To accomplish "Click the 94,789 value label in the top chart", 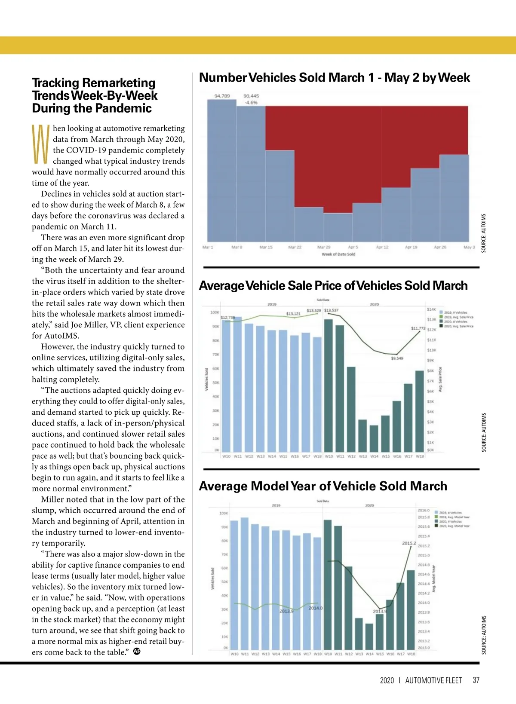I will (222, 96).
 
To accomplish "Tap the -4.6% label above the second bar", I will (251, 103).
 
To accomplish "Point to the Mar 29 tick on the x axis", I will (324, 248).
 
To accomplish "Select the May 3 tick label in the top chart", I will (469, 248).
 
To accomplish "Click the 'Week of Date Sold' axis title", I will (338, 254).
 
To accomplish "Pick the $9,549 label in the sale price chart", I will (397, 358).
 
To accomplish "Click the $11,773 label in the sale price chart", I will (418, 328).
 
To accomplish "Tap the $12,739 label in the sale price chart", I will (227, 318).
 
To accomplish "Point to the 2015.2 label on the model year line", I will (409, 543).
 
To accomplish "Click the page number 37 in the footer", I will (476, 680).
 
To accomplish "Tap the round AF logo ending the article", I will (137, 651).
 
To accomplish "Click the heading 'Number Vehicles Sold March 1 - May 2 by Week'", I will (334, 78).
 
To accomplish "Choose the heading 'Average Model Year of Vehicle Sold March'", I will (323, 486).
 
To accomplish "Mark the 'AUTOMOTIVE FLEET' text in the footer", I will (433, 680).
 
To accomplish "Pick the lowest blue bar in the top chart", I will (338, 227).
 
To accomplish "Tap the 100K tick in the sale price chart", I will (215, 312).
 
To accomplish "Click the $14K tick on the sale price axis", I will (431, 309).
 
